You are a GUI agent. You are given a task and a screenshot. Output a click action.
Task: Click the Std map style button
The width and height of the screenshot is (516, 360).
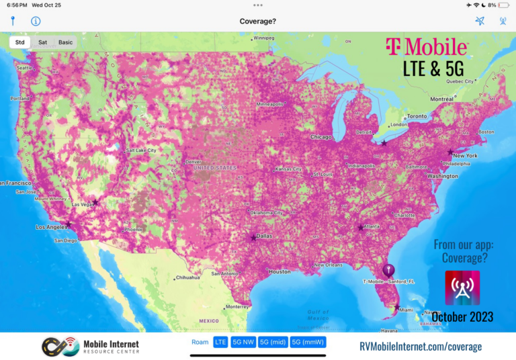[20, 42]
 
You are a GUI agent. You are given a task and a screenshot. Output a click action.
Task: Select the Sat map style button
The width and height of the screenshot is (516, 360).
[42, 42]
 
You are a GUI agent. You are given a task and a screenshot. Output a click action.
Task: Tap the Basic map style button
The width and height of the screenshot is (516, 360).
[65, 42]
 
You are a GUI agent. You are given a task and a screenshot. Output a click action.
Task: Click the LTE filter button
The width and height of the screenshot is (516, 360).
[220, 342]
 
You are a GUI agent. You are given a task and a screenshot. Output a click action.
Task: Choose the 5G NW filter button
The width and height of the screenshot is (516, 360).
[243, 342]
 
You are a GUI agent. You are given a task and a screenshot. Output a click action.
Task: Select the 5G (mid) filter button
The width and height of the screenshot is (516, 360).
[273, 342]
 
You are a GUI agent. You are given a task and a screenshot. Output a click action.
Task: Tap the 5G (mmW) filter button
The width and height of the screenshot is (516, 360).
[308, 342]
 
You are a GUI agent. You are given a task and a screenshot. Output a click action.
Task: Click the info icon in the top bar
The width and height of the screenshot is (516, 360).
[36, 21]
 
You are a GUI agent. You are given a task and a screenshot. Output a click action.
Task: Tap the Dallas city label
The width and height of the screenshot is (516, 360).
[264, 236]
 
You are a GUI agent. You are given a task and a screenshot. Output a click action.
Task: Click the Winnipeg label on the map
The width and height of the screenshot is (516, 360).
[264, 38]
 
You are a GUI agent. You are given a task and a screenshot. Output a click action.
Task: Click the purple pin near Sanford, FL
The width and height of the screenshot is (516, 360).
[387, 270]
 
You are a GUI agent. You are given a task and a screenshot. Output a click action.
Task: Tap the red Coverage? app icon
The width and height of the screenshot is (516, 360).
[462, 288]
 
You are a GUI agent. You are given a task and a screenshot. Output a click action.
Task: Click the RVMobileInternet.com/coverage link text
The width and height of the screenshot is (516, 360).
[421, 347]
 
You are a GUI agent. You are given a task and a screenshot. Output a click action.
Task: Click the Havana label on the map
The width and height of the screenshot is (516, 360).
[390, 330]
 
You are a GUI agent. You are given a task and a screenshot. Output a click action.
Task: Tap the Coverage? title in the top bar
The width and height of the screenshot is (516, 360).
[258, 21]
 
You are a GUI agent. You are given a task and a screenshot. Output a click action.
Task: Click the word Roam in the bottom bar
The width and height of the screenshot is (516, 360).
[200, 342]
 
